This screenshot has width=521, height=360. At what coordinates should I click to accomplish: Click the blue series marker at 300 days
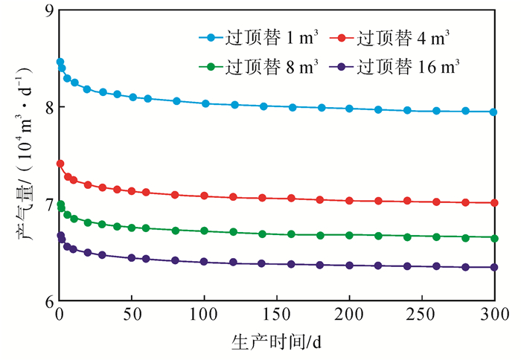pyautogui.click(x=494, y=112)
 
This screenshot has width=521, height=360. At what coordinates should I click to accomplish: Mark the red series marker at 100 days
pyautogui.click(x=205, y=196)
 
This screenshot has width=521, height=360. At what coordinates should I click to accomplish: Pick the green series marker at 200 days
pyautogui.click(x=349, y=235)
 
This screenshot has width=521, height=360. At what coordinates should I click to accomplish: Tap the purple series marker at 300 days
pyautogui.click(x=494, y=267)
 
